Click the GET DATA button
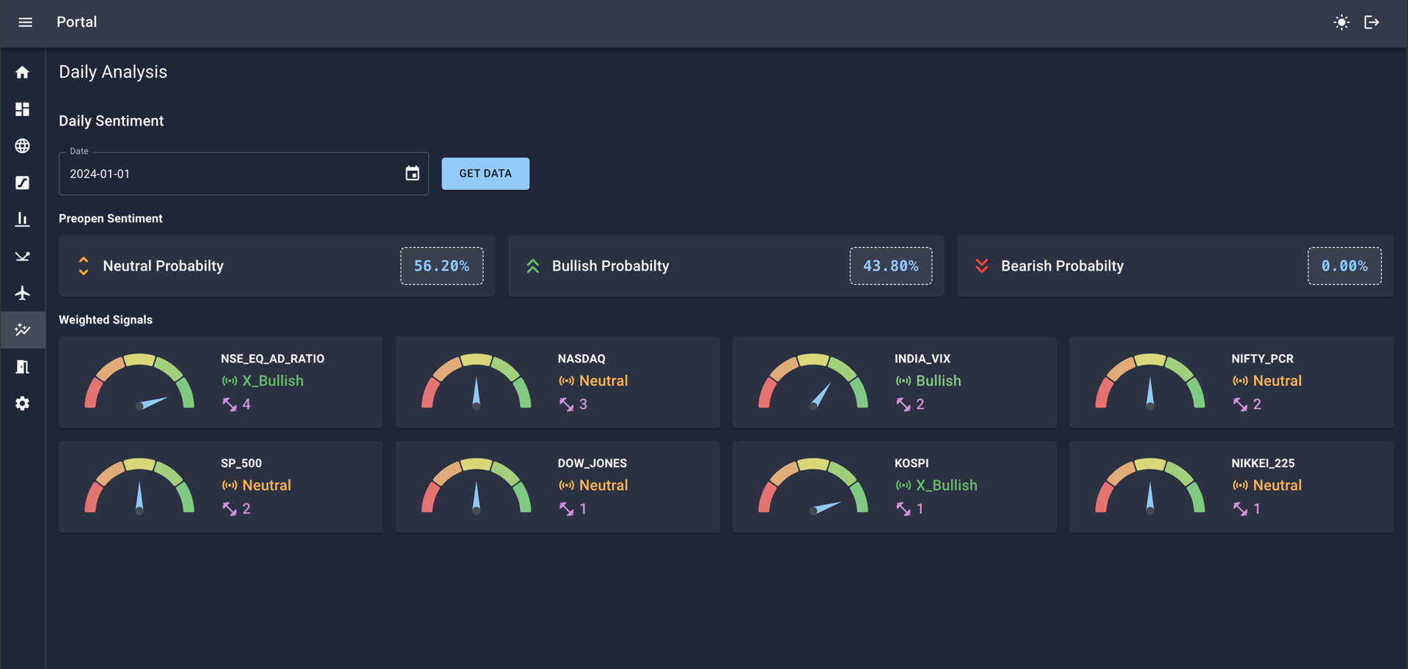[x=485, y=174]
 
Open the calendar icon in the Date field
[x=412, y=173]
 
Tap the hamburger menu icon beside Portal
[x=26, y=22]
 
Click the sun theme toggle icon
[x=1341, y=22]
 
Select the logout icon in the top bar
[x=1372, y=22]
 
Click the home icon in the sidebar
[x=23, y=73]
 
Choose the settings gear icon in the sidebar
[x=23, y=403]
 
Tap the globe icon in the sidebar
[x=23, y=146]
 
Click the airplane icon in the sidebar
[x=23, y=293]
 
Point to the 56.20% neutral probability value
[x=441, y=266]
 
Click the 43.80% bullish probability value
[x=891, y=266]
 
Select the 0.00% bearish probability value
[x=1344, y=266]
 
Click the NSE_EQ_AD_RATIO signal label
[x=273, y=359]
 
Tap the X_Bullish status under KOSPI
[x=947, y=486]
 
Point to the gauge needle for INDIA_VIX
[x=821, y=395]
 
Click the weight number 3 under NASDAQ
[x=583, y=404]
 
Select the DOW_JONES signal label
[x=593, y=464]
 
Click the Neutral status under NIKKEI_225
[x=1277, y=486]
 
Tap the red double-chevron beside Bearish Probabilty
[x=982, y=266]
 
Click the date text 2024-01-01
[x=100, y=174]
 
